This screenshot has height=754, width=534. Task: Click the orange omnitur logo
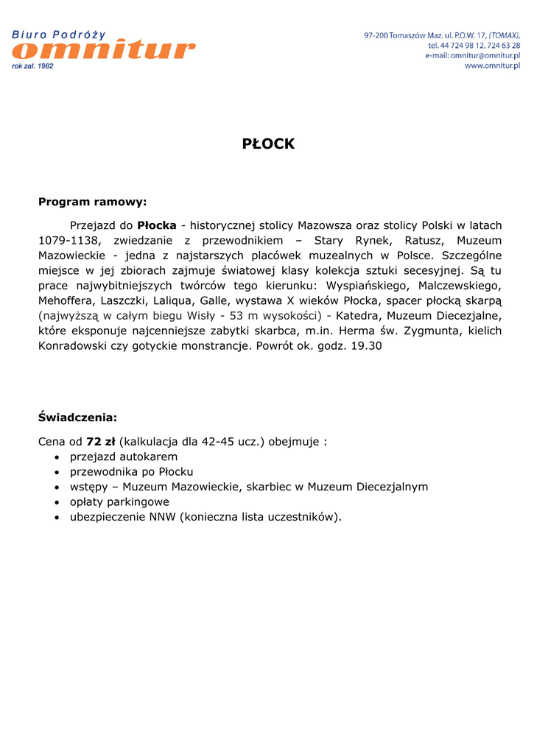pos(104,50)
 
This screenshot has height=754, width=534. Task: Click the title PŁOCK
pos(268,144)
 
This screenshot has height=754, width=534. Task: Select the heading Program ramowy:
pos(93,201)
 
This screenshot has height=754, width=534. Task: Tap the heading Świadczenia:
pos(77,417)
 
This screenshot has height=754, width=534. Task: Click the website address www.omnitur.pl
pos(492,66)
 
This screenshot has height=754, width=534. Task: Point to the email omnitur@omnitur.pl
pos(485,56)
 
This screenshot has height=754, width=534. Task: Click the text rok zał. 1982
pos(32,66)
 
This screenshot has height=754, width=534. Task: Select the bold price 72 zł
pos(101,442)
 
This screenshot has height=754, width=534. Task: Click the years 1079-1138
pos(70,241)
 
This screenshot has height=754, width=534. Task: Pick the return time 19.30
pos(366,345)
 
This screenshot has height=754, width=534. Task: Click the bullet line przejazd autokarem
pos(124,457)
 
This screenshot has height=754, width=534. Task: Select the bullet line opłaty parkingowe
pos(119,501)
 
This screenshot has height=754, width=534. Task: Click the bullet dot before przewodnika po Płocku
pos(57,472)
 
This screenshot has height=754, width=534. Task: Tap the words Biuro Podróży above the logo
pos(59,35)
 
